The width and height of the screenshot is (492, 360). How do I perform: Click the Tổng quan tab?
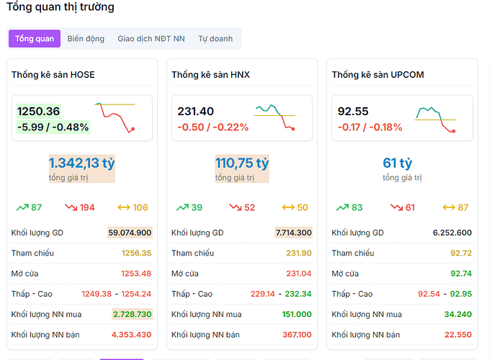35,39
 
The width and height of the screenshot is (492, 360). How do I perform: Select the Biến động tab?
86,39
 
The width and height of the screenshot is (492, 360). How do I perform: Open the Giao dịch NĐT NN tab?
151,39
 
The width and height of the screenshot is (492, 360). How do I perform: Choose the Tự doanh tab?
215,39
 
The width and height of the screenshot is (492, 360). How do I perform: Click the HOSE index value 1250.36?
39,112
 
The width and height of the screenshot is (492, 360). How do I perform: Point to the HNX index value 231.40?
196,112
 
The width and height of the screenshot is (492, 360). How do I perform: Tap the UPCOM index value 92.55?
353,112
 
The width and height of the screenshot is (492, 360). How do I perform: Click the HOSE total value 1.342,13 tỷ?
82,163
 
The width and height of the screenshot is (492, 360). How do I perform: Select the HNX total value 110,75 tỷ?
242,163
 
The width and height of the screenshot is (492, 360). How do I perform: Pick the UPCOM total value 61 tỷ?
398,163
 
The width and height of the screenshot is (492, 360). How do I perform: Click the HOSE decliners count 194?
87,207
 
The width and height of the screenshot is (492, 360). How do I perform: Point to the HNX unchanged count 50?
303,207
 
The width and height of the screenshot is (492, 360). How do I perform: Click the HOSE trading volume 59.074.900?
130,233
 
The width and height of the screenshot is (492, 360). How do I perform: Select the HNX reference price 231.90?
298,253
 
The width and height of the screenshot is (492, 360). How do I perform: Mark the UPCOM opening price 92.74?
461,274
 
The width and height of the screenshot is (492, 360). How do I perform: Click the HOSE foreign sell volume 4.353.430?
131,335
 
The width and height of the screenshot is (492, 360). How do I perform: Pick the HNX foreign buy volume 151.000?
297,314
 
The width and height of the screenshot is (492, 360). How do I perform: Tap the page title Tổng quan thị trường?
60,7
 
